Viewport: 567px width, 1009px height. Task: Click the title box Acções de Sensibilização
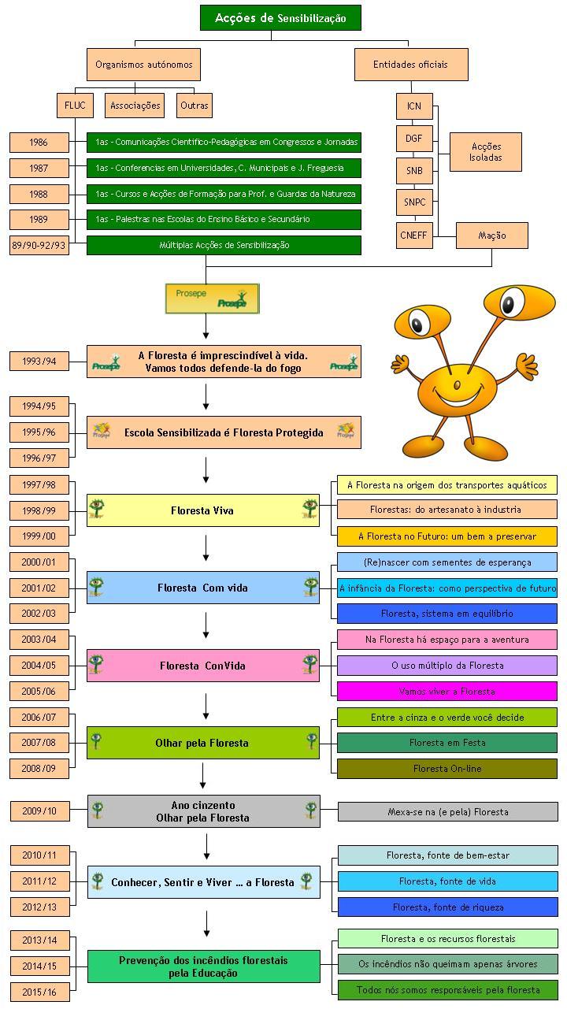point(280,17)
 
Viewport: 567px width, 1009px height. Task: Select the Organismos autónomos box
point(143,65)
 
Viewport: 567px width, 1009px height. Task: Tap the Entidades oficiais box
point(410,65)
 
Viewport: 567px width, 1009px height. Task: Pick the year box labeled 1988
point(39,194)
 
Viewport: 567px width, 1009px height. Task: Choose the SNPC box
point(414,202)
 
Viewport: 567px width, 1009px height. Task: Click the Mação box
point(492,236)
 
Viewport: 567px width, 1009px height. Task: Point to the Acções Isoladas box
point(485,152)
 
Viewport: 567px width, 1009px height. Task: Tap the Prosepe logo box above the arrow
point(212,299)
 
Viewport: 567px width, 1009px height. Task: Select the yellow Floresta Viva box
point(203,510)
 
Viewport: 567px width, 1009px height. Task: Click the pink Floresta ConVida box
point(203,666)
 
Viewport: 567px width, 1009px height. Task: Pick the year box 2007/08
point(39,743)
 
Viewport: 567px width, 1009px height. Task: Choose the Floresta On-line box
point(447,769)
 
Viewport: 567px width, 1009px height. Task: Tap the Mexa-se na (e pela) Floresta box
point(448,812)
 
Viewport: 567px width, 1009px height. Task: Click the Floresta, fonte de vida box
point(447,881)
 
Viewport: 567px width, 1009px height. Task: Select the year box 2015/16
point(39,992)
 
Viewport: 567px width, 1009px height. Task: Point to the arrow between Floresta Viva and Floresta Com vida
point(206,547)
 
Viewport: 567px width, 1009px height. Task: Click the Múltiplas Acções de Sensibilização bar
point(224,245)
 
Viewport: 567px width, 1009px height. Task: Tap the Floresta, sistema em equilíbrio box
point(447,614)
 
